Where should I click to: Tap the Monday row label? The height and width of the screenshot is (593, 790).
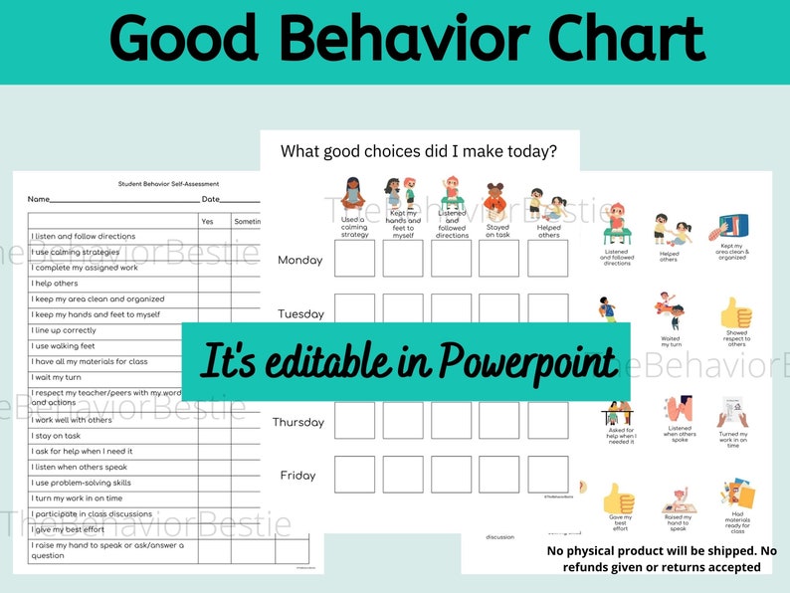[x=299, y=260]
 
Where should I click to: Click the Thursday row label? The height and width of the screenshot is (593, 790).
[x=297, y=422]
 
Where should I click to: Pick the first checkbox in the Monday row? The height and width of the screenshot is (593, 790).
[x=354, y=259]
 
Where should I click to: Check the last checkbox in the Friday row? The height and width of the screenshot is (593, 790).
[x=547, y=475]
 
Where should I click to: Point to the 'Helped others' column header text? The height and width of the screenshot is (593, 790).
[x=548, y=231]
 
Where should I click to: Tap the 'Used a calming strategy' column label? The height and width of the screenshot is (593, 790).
[x=354, y=227]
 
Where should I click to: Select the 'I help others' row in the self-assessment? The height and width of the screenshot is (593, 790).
[x=54, y=284]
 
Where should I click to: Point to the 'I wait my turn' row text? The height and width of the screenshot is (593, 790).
[x=59, y=378]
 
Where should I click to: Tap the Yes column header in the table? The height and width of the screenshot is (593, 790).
[x=207, y=221]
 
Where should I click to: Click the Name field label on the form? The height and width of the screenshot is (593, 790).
[x=38, y=200]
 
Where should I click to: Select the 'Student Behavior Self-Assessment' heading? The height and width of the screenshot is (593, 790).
[x=168, y=184]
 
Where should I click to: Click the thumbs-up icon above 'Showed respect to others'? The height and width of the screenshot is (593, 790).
[x=736, y=312]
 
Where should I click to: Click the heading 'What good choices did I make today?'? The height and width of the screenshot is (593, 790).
[x=419, y=151]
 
